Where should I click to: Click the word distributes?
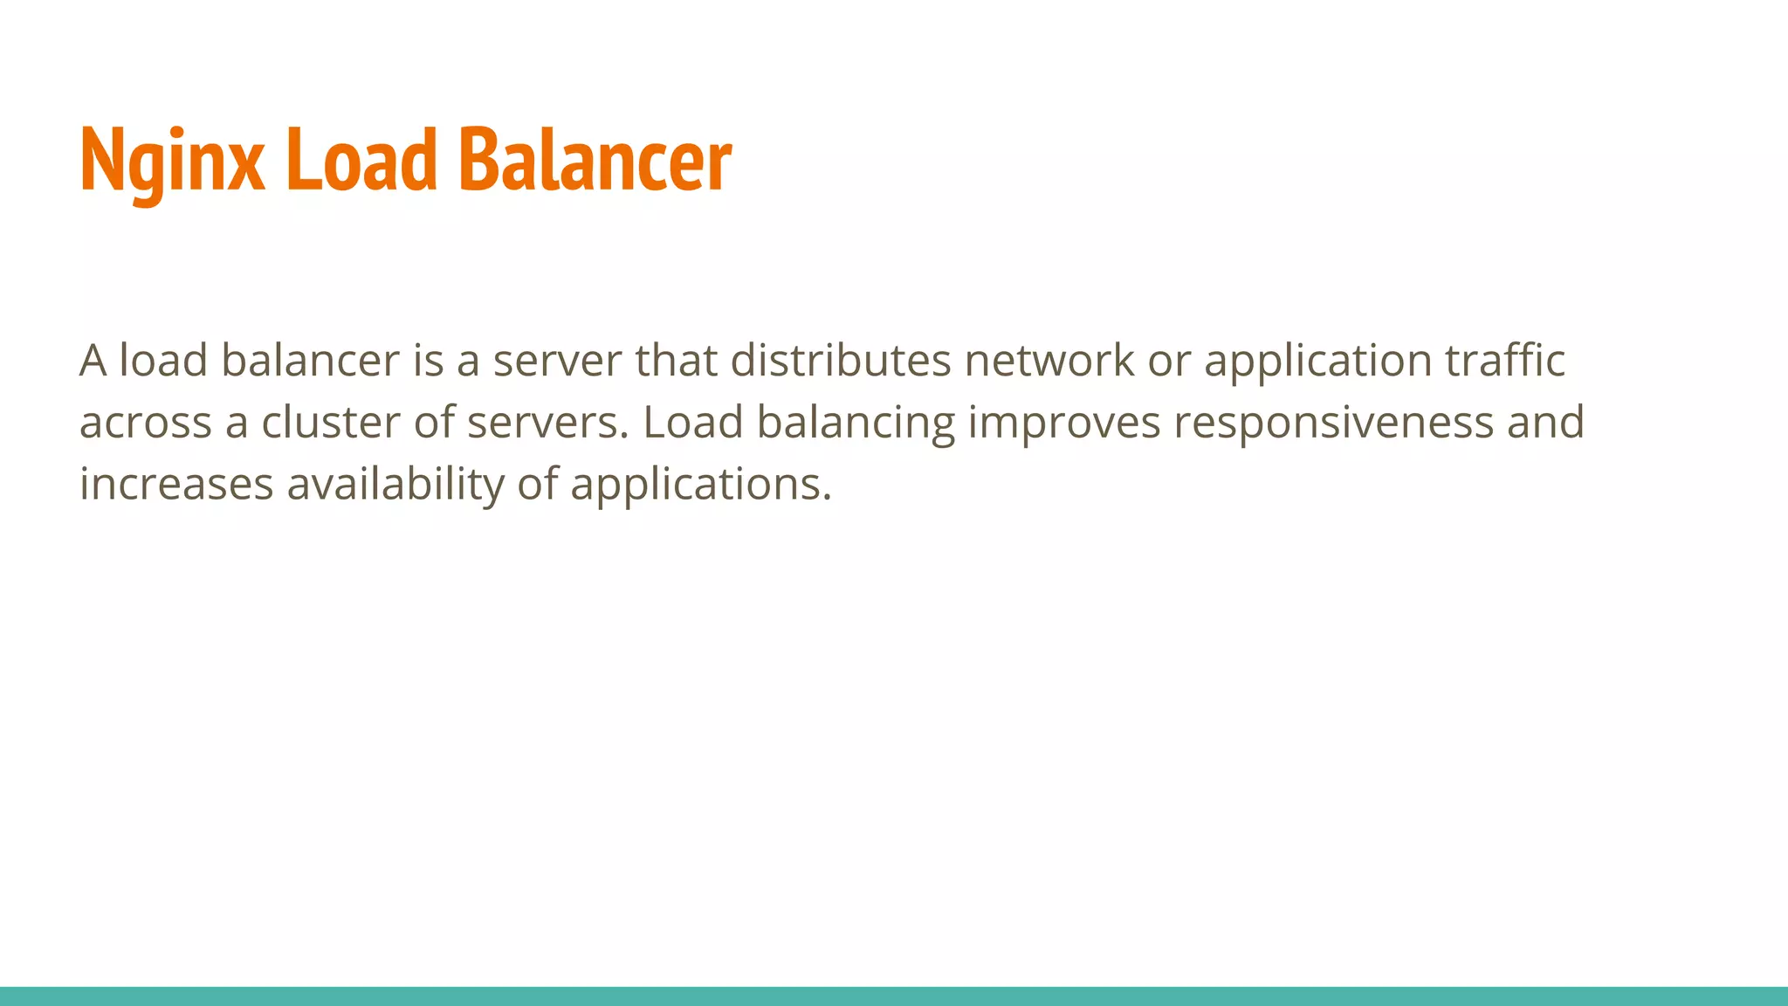[x=840, y=361]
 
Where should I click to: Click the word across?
[x=146, y=424]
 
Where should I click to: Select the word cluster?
[x=331, y=423]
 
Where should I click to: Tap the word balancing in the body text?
[x=856, y=424]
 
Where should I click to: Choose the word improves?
[x=1064, y=424]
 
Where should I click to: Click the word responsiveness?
[x=1333, y=424]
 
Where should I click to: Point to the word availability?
[x=395, y=485]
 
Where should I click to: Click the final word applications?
[x=700, y=485]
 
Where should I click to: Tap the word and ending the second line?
[x=1545, y=423]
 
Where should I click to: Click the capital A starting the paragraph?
[x=93, y=361]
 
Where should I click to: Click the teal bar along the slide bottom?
[x=894, y=996]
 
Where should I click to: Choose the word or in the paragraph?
[x=1168, y=362]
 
